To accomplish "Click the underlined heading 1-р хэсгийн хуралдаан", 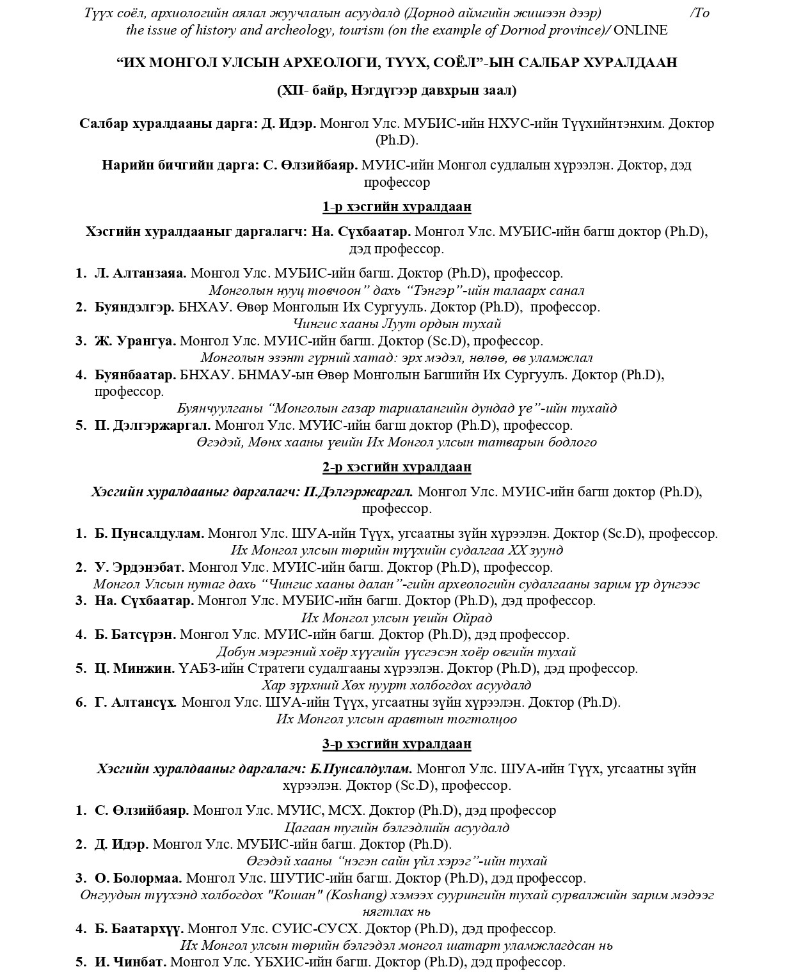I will pyautogui.click(x=397, y=207).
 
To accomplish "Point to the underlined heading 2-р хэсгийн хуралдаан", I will pyautogui.click(x=397, y=467).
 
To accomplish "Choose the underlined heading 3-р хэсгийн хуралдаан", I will pyautogui.click(x=397, y=744).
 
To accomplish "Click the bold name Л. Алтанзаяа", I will pyautogui.click(x=141, y=273).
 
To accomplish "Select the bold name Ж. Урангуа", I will pyautogui.click(x=135, y=341).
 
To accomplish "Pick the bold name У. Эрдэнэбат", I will pyautogui.click(x=139, y=567).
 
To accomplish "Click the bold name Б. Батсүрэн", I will pyautogui.click(x=135, y=634).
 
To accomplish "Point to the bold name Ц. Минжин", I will pyautogui.click(x=134, y=668).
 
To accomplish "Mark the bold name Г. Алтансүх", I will pyautogui.click(x=136, y=702).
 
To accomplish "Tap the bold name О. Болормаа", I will pyautogui.click(x=138, y=878).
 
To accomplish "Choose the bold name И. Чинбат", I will pyautogui.click(x=131, y=962).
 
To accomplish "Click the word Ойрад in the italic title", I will pyautogui.click(x=472, y=618).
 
